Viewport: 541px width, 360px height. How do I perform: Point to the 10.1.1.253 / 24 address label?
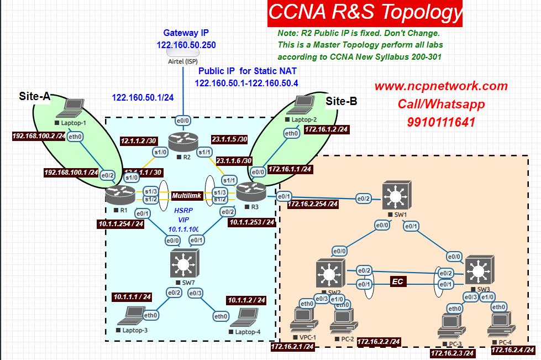point(251,222)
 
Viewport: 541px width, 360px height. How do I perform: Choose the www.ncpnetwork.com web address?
point(440,86)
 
